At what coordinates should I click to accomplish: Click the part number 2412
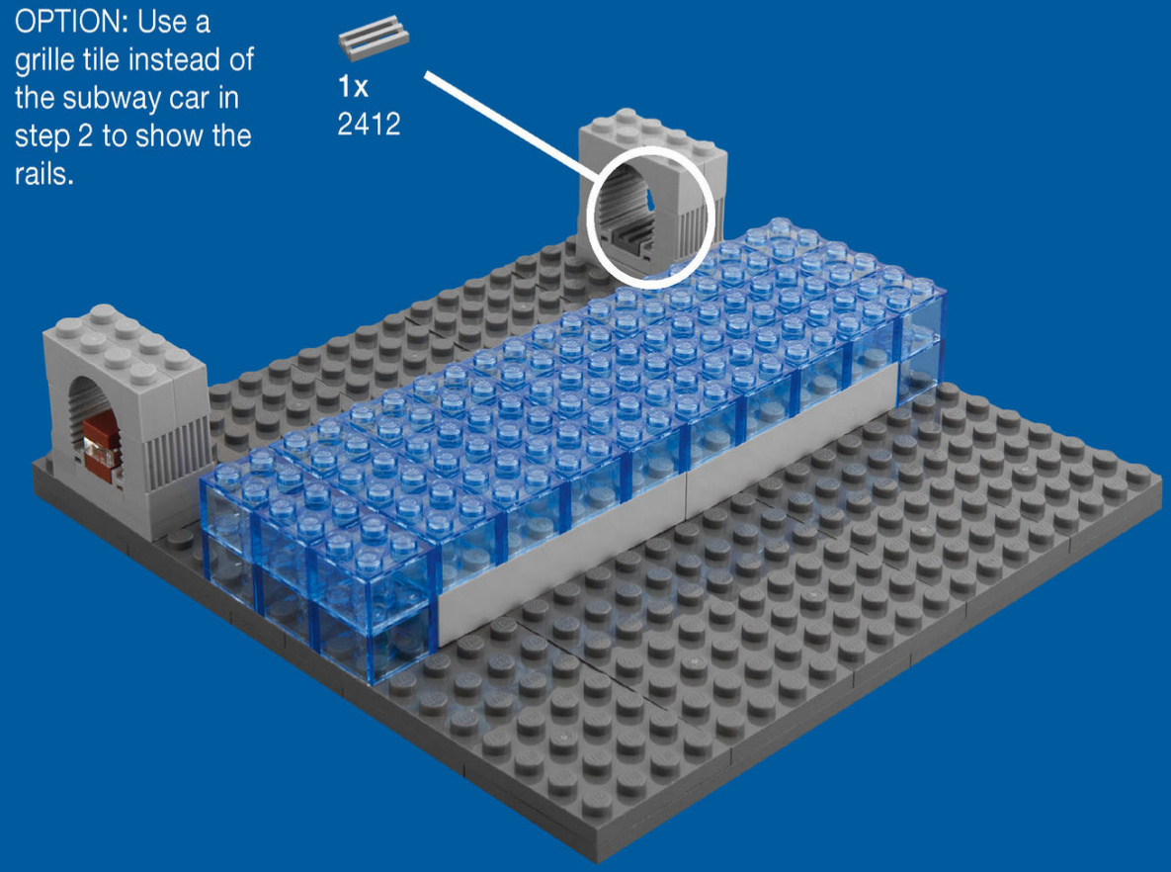point(369,124)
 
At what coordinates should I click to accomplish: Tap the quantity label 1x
point(353,87)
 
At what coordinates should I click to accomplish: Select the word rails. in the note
point(43,174)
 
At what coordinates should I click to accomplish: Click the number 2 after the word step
point(87,136)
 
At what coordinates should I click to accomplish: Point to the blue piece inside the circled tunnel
point(649,198)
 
